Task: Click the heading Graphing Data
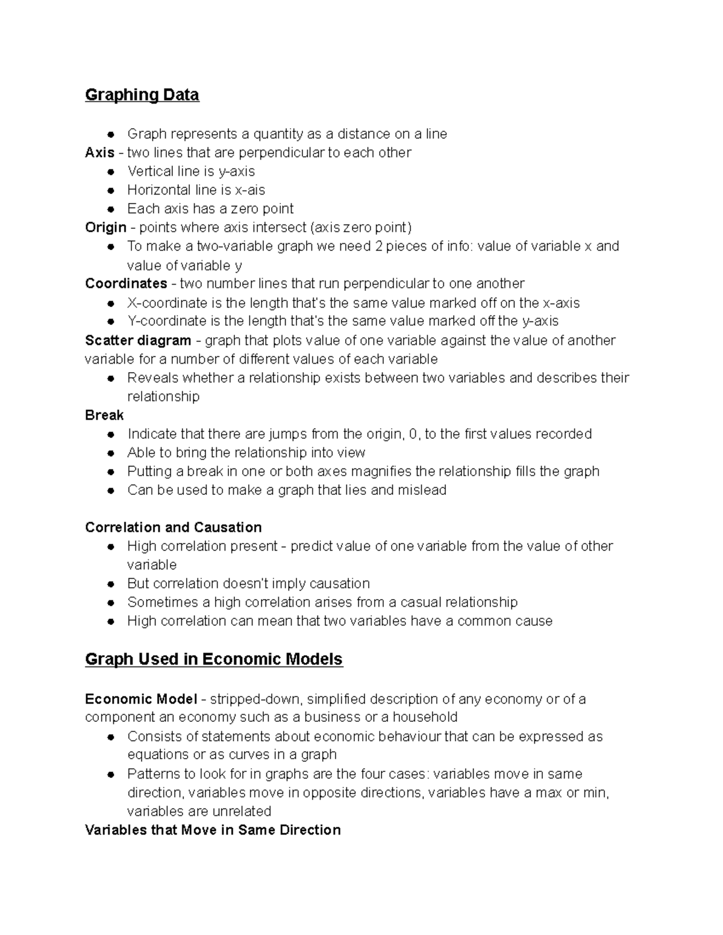click(142, 95)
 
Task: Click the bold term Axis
click(99, 152)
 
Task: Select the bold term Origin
click(105, 228)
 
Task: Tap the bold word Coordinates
click(126, 284)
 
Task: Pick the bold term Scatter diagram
click(138, 340)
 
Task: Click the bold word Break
click(104, 415)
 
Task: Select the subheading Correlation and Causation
click(173, 527)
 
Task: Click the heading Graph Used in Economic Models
click(213, 659)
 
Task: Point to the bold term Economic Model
click(141, 699)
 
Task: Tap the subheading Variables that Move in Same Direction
click(213, 830)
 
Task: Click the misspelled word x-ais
click(249, 190)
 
